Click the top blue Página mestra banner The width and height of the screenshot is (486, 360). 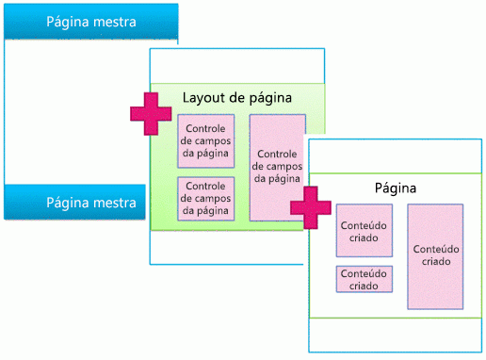(90, 21)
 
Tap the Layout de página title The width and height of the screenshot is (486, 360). (236, 97)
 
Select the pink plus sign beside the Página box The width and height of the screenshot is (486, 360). (310, 206)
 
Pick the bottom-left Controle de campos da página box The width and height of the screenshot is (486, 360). (205, 198)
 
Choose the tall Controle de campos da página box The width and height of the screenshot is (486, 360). (278, 167)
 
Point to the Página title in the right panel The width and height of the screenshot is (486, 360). (396, 188)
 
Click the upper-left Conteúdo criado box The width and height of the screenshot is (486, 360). (363, 231)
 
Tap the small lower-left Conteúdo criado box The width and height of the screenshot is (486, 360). (363, 279)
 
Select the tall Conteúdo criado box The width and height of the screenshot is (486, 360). (435, 255)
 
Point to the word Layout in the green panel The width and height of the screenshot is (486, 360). (203, 97)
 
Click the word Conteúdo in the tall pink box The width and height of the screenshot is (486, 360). (435, 249)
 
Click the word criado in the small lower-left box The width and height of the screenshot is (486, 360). (363, 286)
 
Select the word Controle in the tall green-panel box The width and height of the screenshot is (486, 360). (278, 155)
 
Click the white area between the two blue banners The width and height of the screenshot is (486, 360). (75, 111)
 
